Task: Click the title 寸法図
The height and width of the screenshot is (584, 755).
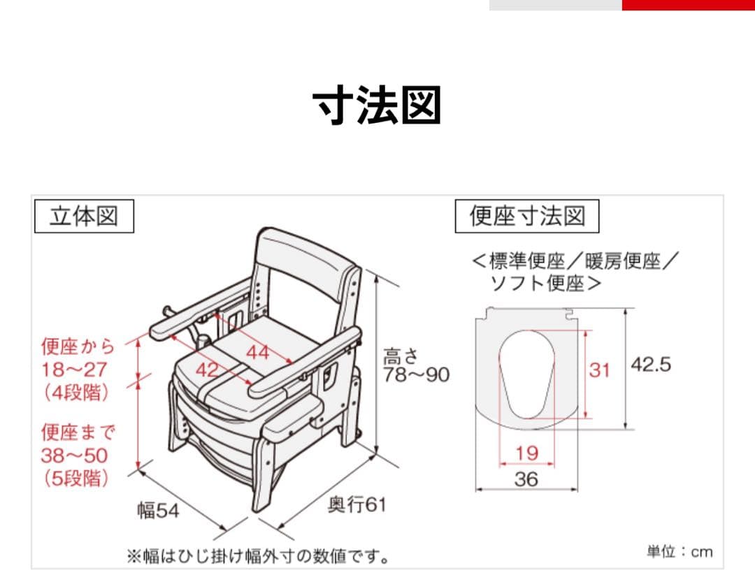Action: point(377,105)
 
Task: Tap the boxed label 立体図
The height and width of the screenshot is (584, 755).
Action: point(83,217)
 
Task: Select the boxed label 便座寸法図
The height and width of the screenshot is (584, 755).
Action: point(527,217)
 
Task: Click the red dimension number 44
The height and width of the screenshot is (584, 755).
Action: point(257,353)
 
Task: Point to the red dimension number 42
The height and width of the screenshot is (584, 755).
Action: point(207,370)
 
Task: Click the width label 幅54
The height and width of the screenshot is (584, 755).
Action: point(158,511)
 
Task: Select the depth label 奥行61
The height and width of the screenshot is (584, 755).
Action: point(357,504)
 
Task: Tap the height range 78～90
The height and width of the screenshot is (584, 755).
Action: point(416,375)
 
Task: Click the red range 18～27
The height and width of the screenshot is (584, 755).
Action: point(73,369)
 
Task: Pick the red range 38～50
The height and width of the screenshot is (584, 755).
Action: point(74,456)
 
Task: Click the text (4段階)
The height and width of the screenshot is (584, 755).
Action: point(76,393)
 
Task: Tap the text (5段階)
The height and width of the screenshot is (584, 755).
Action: point(76,479)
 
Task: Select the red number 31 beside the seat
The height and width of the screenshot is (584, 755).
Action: point(599,370)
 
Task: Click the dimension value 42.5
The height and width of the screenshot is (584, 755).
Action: point(651,365)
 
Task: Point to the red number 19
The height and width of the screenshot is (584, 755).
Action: point(526,453)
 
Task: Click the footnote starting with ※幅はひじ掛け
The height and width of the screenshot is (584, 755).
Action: point(258,556)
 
